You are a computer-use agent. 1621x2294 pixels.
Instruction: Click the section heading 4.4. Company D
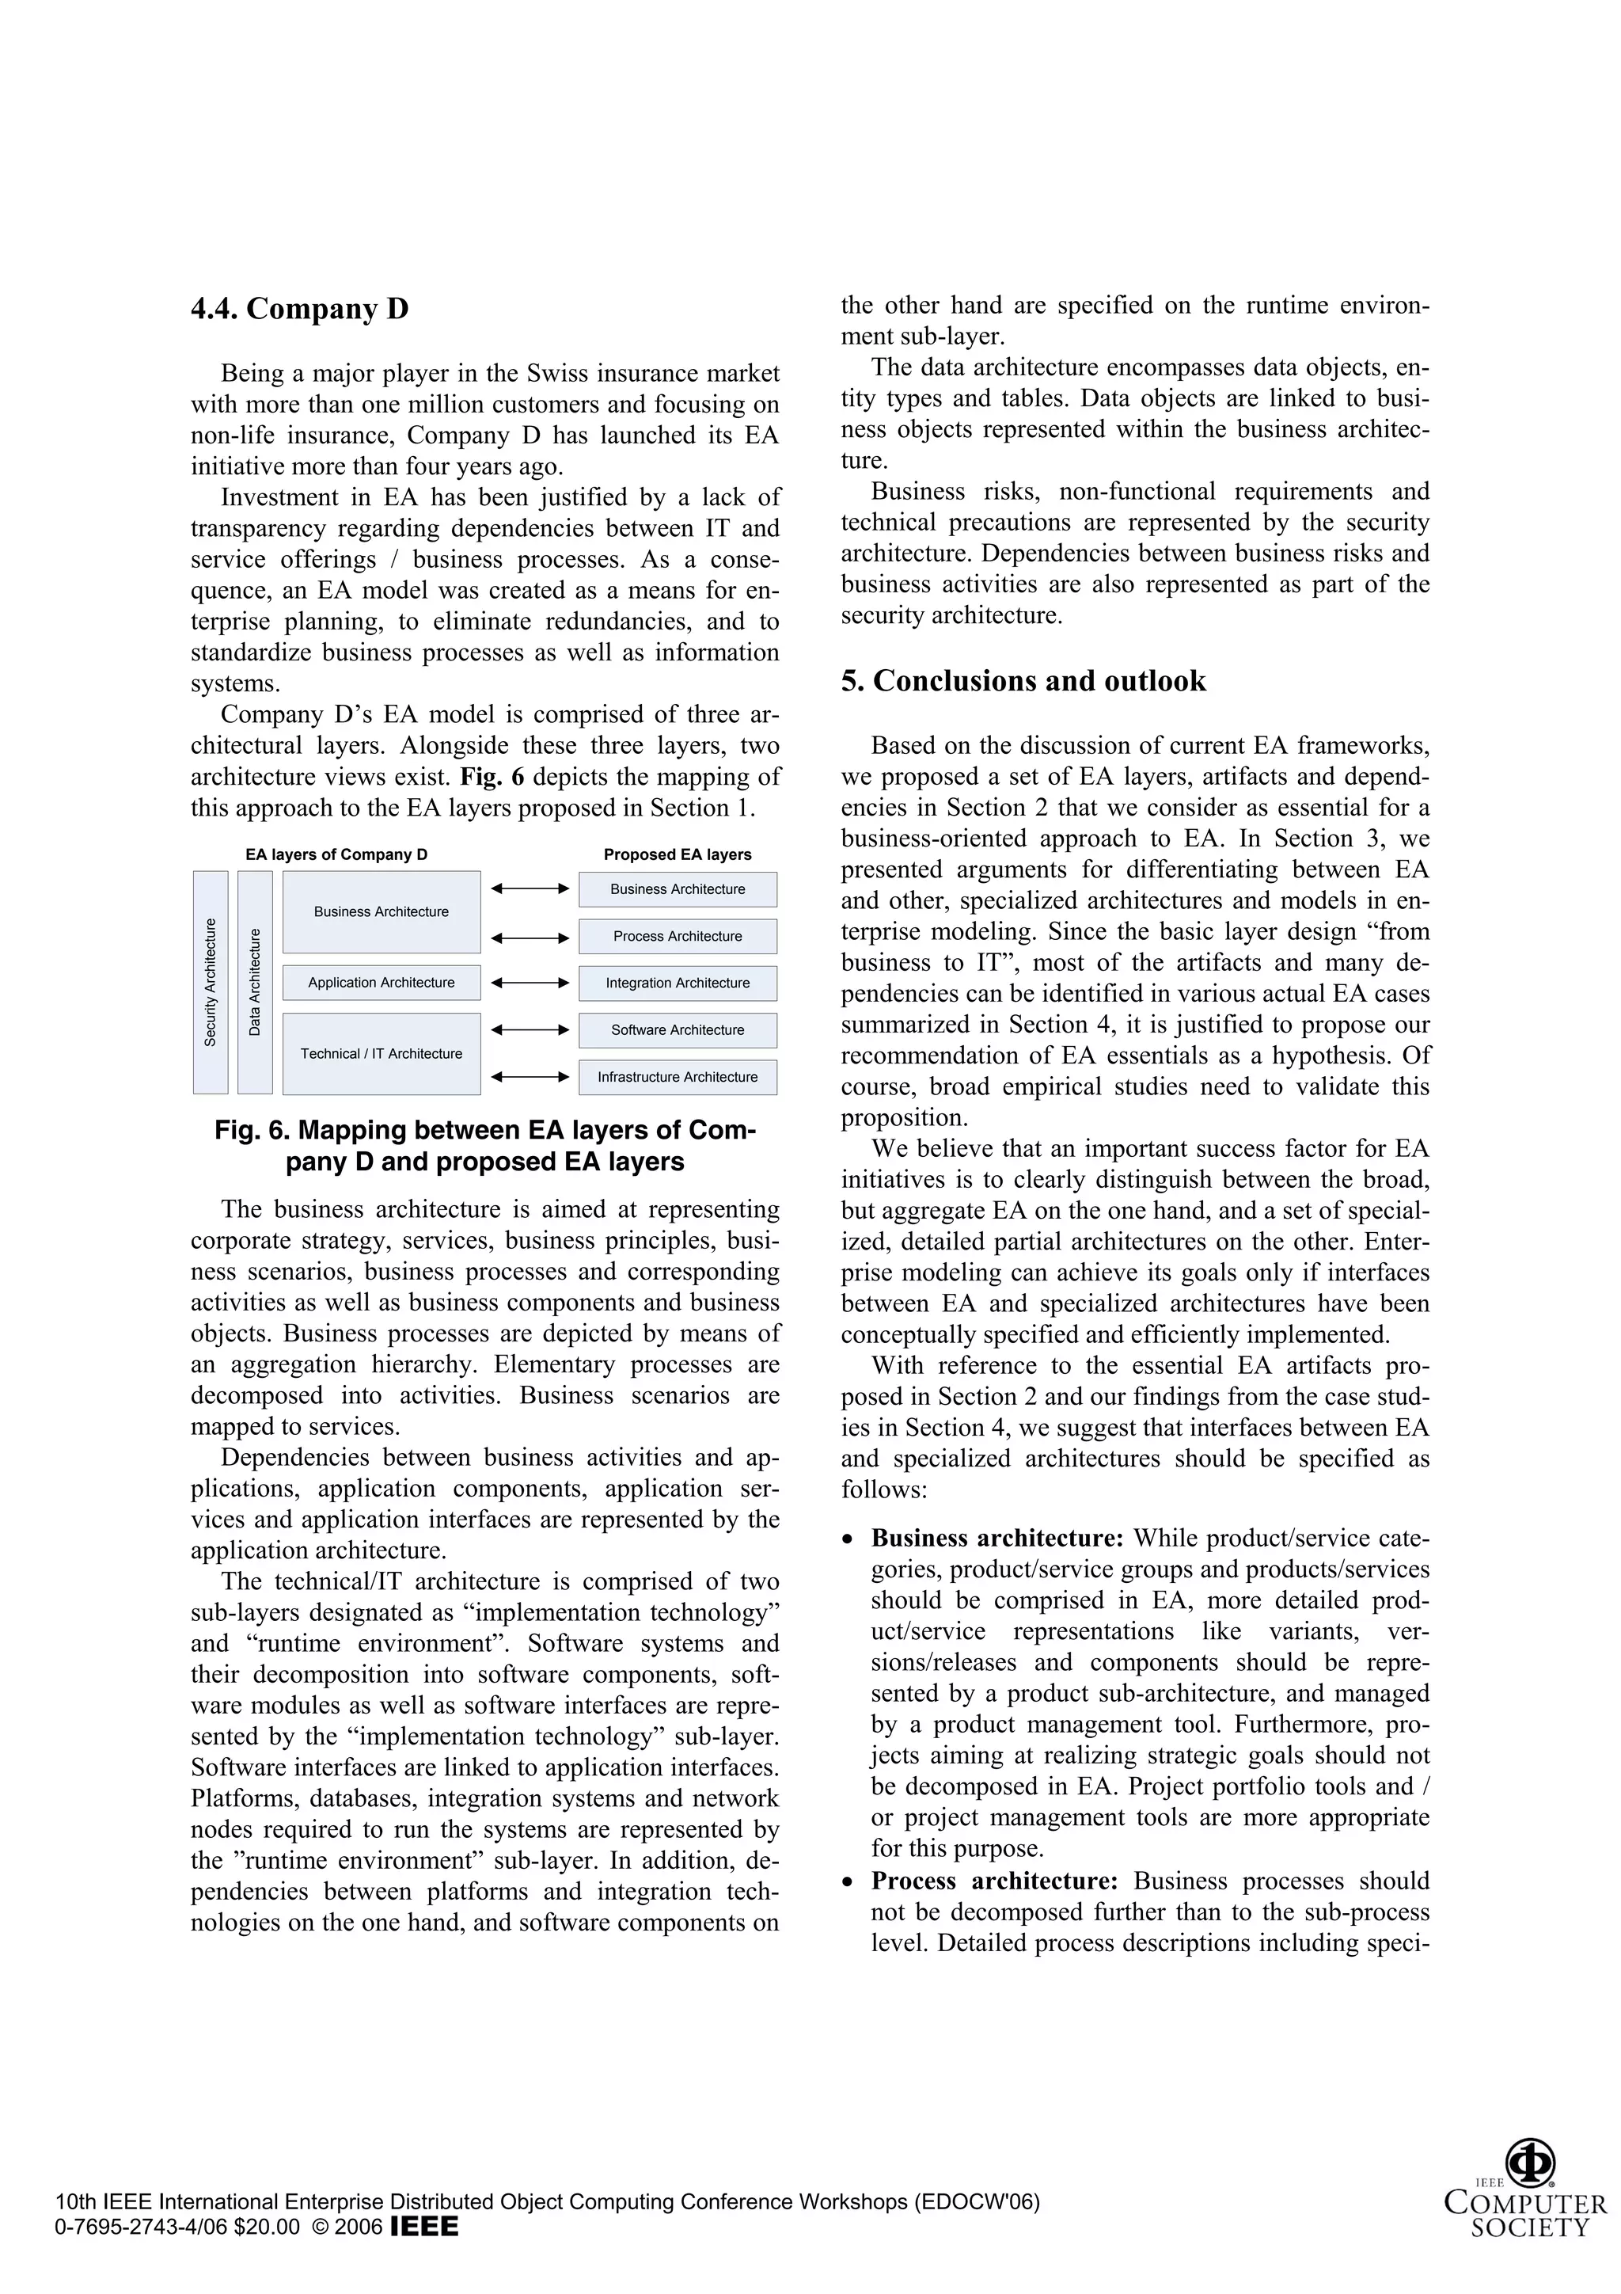(x=300, y=309)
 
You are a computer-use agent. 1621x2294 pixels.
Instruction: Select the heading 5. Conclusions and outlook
(x=1023, y=682)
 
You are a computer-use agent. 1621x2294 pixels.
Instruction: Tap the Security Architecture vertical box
(x=210, y=982)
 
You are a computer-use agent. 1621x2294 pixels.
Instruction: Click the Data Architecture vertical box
(x=255, y=982)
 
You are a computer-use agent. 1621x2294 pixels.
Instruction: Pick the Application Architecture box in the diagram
(x=381, y=982)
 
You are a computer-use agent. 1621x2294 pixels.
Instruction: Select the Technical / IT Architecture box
(x=381, y=1053)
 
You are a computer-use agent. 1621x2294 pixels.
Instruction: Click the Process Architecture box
(x=678, y=936)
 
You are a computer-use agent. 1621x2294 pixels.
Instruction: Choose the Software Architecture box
(x=678, y=1030)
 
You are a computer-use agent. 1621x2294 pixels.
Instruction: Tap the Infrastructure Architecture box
(x=678, y=1077)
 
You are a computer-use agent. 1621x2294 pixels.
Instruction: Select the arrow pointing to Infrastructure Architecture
(x=530, y=1077)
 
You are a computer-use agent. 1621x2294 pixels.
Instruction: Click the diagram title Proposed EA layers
(x=678, y=854)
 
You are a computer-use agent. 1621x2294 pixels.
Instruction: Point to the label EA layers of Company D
(x=336, y=854)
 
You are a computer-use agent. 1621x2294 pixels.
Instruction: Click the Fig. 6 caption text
(x=484, y=1146)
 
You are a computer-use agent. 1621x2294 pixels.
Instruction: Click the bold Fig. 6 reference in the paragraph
(x=492, y=776)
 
